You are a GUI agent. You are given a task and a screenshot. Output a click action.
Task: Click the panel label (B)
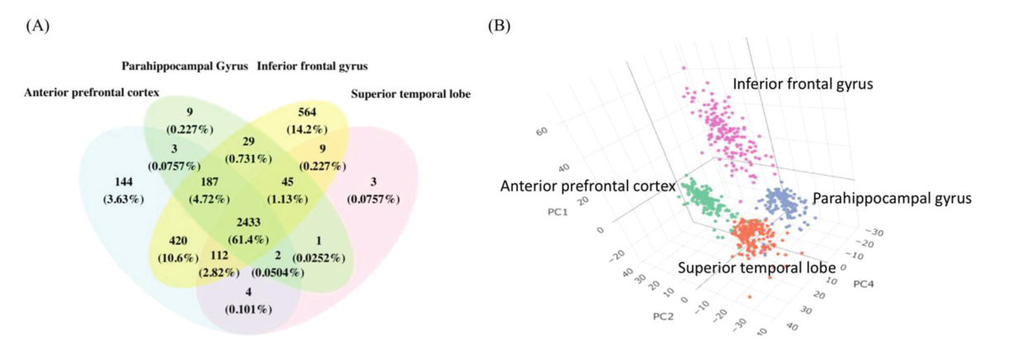[500, 26]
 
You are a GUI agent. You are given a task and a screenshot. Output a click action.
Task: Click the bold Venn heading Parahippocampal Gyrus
[184, 65]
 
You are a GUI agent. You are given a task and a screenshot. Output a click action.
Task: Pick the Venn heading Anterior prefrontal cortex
[92, 92]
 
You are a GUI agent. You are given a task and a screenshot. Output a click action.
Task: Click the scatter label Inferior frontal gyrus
[803, 83]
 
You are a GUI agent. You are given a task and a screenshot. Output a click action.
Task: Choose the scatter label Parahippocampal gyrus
[891, 199]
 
